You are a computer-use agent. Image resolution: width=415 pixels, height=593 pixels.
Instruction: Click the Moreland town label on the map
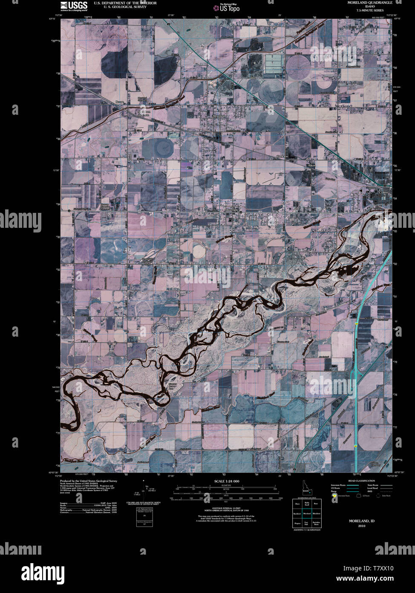219,116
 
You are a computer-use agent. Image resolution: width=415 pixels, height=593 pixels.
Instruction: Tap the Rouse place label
120,102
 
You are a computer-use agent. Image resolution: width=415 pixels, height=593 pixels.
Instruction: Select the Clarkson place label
282,157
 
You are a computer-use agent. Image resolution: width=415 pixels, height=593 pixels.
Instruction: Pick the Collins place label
384,192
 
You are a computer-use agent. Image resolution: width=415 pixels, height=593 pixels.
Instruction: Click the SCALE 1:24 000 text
227,481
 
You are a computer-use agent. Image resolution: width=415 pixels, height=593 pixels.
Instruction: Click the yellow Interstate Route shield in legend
335,496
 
